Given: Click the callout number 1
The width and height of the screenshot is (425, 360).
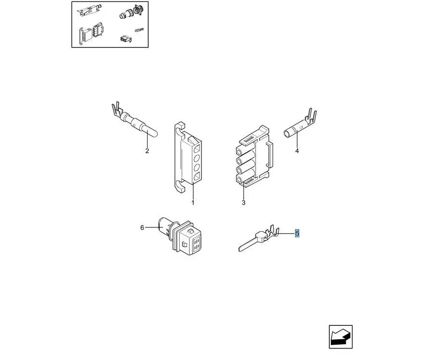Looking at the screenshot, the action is click(193, 203).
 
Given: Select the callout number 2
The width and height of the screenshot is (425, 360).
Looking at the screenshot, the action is click(147, 151).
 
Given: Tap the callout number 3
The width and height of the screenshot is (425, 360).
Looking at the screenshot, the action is click(243, 203).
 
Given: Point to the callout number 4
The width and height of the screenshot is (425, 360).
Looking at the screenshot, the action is click(297, 151).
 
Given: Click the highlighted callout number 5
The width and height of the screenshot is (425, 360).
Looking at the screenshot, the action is click(297, 233).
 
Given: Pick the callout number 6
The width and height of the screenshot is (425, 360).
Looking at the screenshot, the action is click(142, 228).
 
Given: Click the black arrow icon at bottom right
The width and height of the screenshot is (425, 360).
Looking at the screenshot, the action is click(341, 337).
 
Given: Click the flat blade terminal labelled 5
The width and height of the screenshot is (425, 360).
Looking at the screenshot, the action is click(259, 238).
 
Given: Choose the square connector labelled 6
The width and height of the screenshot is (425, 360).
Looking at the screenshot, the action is click(180, 235).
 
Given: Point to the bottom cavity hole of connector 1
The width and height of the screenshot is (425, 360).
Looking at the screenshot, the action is click(197, 176).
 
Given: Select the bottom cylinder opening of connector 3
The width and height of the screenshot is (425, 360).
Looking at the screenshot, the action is click(239, 179).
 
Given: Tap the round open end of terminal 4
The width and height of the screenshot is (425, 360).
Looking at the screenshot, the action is click(287, 134).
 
